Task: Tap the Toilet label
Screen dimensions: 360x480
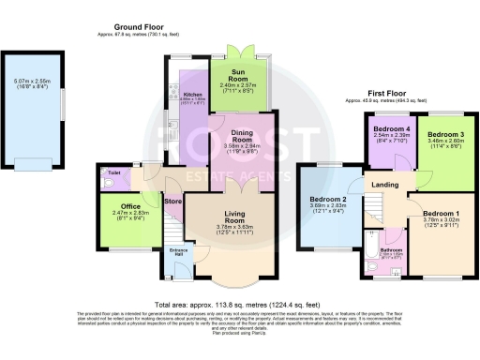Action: pyautogui.click(x=113, y=173)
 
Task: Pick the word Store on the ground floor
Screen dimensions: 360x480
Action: pyautogui.click(x=172, y=200)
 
